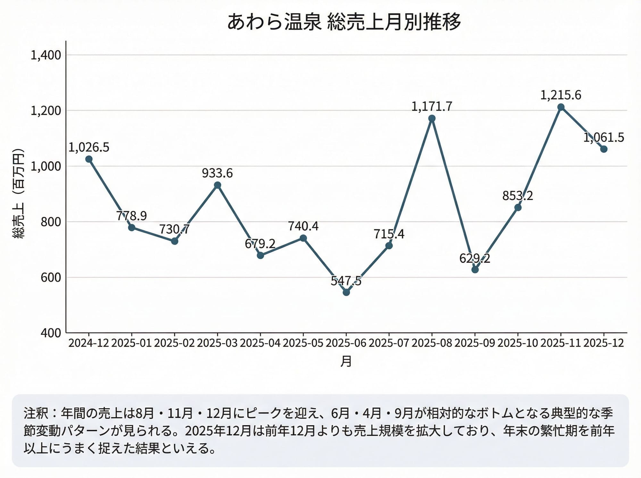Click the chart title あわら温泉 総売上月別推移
pos(344,22)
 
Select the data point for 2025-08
pos(432,118)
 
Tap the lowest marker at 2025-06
pos(346,292)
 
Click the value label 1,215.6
pos(561,95)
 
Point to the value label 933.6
pos(217,173)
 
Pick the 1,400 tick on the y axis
pos(46,55)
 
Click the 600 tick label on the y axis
pos(51,277)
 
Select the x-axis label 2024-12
pos(89,343)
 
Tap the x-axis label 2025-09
pos(475,343)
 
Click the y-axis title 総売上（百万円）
pos(19,193)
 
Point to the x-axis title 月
pos(346,361)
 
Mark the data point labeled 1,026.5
pos(89,159)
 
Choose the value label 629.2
pos(475,258)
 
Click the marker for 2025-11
pos(561,107)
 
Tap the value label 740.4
pos(303,226)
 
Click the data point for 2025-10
pos(518,207)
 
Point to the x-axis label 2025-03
pos(217,343)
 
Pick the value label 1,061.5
pos(604,137)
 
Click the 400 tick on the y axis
pos(51,333)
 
